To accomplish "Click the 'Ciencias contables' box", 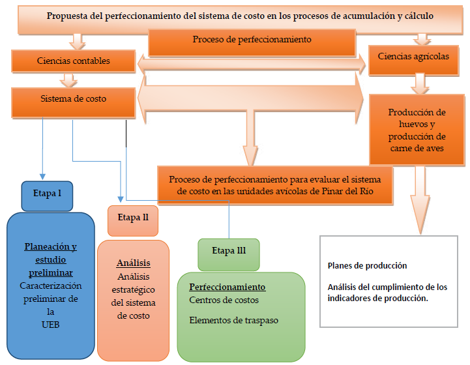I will coord(73,61).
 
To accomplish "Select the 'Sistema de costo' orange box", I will coord(73,99).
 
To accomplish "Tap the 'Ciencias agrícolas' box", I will coord(413,56).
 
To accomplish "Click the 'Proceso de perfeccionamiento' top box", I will coord(252,40).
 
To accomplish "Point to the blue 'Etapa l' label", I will coord(46,194).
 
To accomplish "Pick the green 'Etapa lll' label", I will coord(229,251).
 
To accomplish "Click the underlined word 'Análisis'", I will coord(133,263).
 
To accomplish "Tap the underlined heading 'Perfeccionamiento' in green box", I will coord(227,287).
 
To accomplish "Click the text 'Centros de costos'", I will coord(224,300).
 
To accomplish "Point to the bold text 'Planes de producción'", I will coord(367,266).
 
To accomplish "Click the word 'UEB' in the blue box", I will coord(50,324).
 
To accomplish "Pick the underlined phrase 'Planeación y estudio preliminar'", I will coord(50,259).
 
